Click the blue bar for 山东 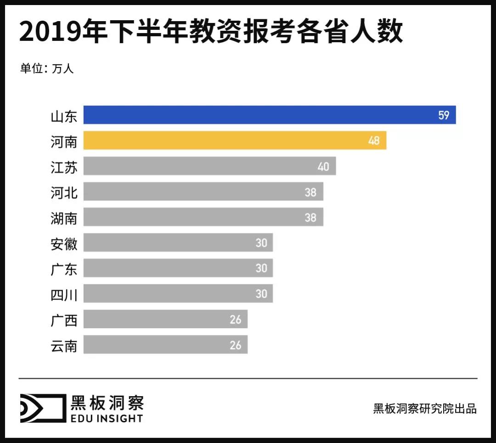(x=269, y=115)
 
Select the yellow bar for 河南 (x=235, y=140)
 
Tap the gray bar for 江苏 (x=209, y=166)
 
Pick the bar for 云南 (x=165, y=344)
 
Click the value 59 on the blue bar (x=443, y=115)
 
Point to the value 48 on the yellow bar (x=374, y=141)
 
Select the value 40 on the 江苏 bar (x=323, y=166)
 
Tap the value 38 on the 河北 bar (x=310, y=192)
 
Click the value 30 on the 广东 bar (x=261, y=268)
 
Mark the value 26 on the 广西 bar (x=235, y=319)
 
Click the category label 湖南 (x=64, y=217)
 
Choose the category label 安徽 (x=64, y=243)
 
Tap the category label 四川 (x=64, y=294)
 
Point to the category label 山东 (x=64, y=116)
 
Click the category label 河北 (x=64, y=192)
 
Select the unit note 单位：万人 (x=46, y=68)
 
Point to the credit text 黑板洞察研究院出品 (x=425, y=409)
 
